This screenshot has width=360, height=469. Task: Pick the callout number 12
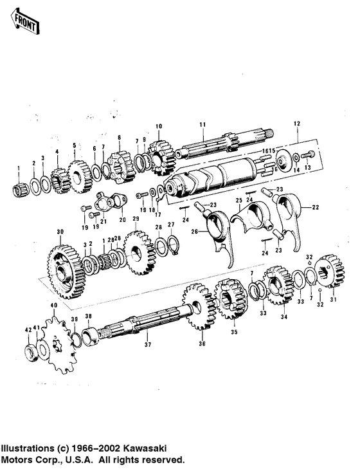(x=297, y=122)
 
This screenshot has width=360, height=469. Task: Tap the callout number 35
(x=233, y=333)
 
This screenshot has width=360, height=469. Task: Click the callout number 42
(x=27, y=329)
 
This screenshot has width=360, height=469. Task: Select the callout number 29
(x=135, y=219)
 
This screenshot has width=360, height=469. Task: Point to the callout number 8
(x=119, y=138)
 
